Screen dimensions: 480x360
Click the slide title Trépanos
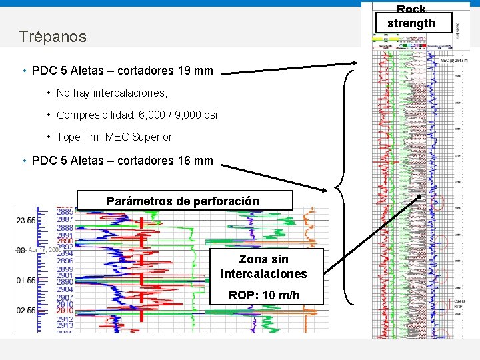(x=53, y=37)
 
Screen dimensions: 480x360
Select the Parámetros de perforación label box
(x=183, y=201)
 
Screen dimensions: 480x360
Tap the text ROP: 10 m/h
(x=264, y=295)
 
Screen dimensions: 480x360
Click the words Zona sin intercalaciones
(x=264, y=267)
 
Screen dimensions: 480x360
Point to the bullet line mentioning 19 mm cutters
(x=122, y=71)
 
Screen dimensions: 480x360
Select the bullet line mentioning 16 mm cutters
(x=122, y=160)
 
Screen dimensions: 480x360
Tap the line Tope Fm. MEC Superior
(x=114, y=137)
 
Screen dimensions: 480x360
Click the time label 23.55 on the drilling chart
(x=26, y=219)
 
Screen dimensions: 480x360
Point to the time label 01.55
(x=26, y=281)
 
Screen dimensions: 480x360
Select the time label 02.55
(x=26, y=311)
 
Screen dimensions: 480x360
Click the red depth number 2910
(x=65, y=311)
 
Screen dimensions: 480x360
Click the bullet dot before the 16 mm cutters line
(x=24, y=161)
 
